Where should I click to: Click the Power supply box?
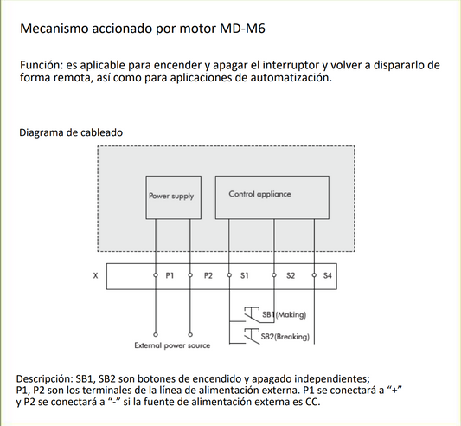tap(171, 197)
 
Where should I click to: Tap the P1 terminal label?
tap(170, 275)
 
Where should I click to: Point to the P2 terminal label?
tap(208, 275)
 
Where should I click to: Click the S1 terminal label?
tap(245, 275)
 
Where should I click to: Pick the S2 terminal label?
tap(291, 275)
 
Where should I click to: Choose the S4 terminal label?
tap(326, 275)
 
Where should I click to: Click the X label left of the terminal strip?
tap(94, 275)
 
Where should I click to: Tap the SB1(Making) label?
tap(285, 315)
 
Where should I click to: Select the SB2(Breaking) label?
tap(286, 336)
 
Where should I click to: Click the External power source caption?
tap(172, 345)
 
